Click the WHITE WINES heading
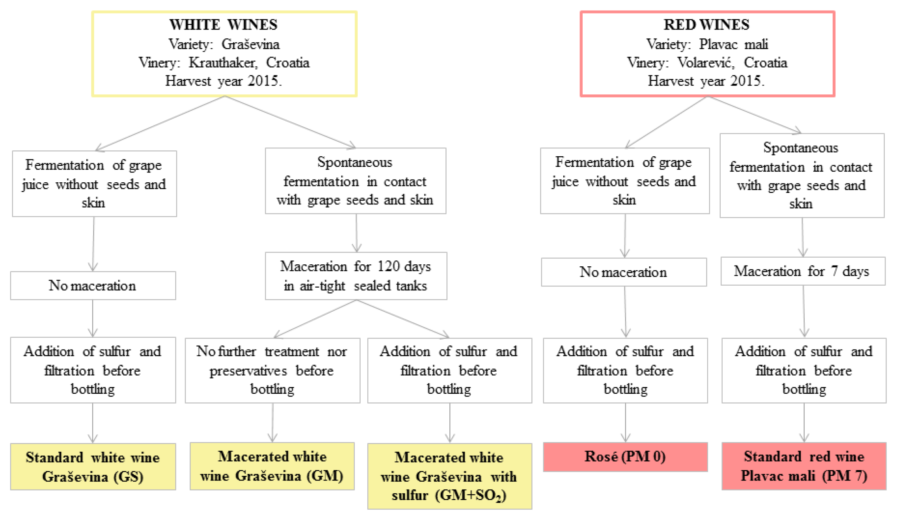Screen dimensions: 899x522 point(223,24)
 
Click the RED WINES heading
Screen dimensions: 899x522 point(706,24)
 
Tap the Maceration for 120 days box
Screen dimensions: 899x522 point(355,276)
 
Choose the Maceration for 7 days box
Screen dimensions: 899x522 point(802,271)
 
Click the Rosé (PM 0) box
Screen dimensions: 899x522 point(625,457)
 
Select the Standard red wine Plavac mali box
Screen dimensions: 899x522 point(804,466)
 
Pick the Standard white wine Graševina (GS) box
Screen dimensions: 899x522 point(93,467)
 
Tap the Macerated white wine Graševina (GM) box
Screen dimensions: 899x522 point(272,466)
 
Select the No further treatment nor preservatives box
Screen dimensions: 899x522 point(272,370)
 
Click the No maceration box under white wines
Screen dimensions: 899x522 point(93,285)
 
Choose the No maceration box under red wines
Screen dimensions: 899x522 point(623,272)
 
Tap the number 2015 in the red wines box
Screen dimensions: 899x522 point(745,81)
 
